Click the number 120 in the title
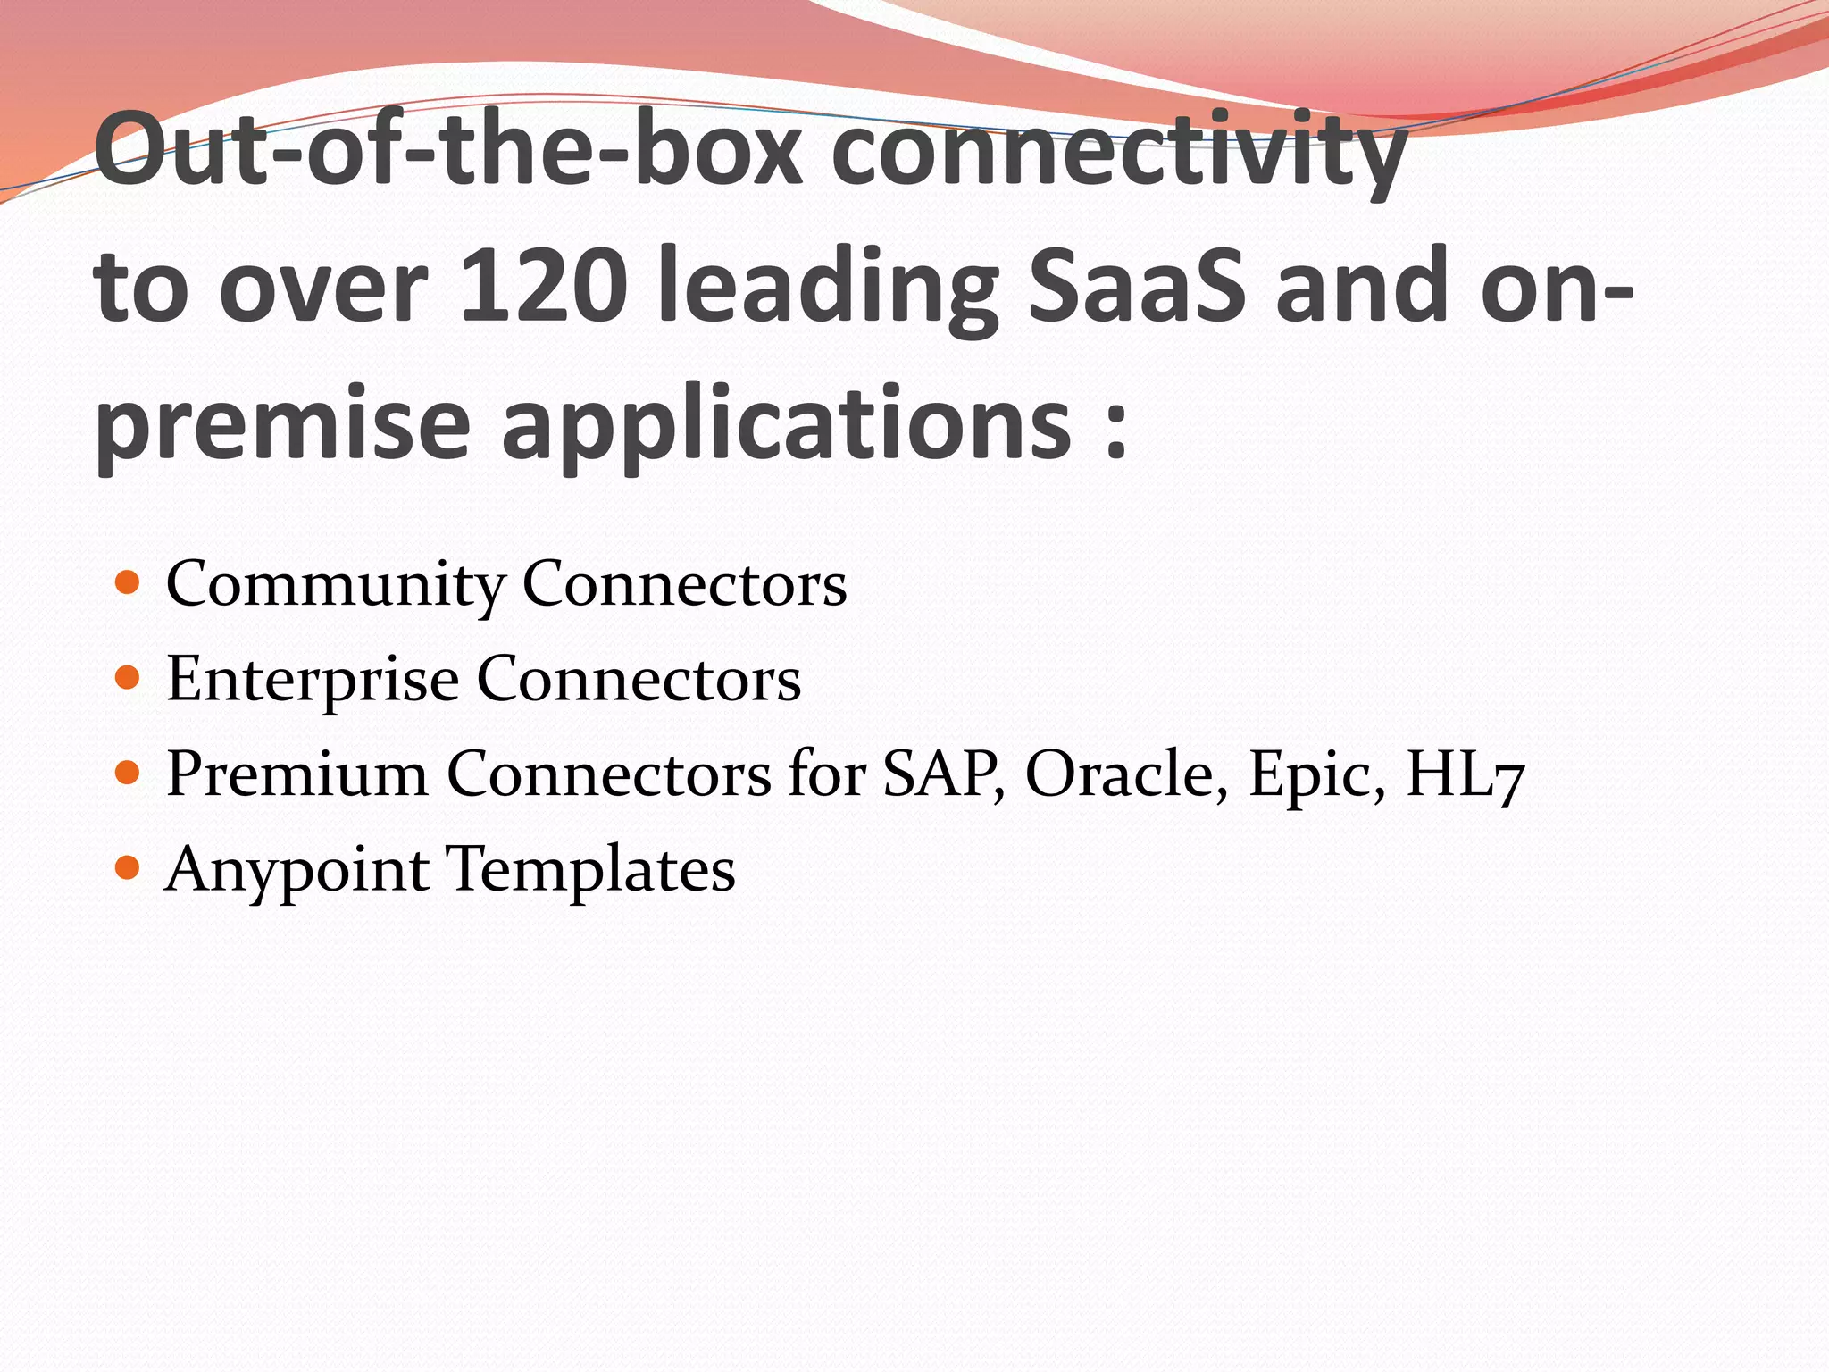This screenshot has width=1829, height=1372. click(541, 286)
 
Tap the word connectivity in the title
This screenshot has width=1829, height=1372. click(1120, 152)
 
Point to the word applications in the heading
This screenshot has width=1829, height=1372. click(786, 424)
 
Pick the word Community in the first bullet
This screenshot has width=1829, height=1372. click(335, 585)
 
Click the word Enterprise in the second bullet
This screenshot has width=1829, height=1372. click(313, 679)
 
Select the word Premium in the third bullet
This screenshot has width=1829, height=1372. click(297, 774)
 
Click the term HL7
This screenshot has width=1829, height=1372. click(1465, 774)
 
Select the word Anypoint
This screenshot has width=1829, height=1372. click(297, 870)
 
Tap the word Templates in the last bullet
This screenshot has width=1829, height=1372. click(590, 870)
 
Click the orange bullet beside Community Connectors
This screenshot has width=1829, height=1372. click(129, 583)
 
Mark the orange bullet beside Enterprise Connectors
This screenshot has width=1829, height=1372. click(129, 678)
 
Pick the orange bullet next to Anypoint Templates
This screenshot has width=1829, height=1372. click(129, 866)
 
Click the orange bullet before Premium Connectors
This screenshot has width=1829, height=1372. click(129, 772)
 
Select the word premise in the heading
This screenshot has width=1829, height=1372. click(283, 424)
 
